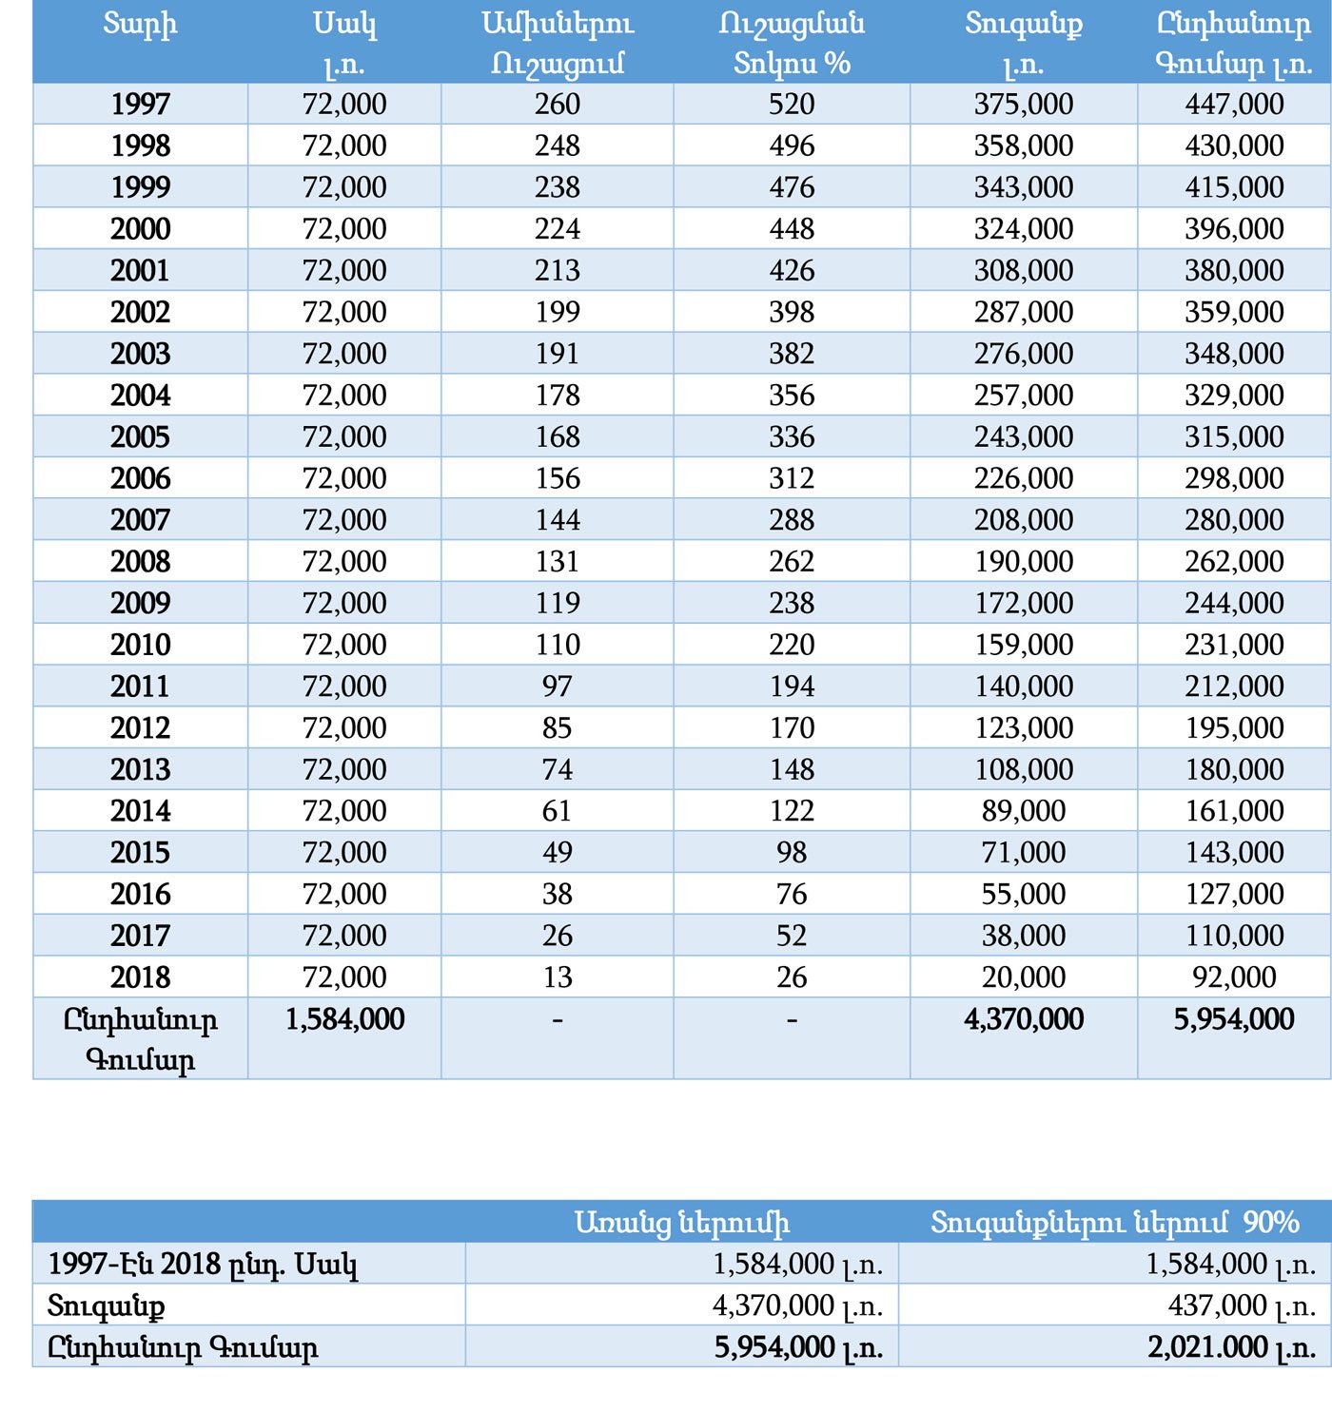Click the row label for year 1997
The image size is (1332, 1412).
click(140, 104)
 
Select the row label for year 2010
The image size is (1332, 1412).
click(140, 645)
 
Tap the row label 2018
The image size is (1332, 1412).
click(140, 977)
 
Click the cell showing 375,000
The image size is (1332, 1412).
click(1023, 104)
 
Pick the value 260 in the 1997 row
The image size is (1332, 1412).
click(557, 104)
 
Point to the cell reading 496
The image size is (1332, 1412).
click(792, 145)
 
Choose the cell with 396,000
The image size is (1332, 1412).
click(1234, 229)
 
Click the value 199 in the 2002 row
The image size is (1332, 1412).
click(557, 312)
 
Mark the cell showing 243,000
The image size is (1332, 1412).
click(1023, 436)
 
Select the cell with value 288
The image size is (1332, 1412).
click(792, 520)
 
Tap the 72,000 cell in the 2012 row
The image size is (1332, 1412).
click(344, 728)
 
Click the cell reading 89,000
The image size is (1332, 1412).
click(1023, 811)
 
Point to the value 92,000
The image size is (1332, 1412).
click(1234, 977)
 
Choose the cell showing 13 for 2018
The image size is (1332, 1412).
click(557, 977)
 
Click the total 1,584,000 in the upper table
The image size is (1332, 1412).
click(344, 1019)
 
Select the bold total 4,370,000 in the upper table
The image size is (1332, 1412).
click(1023, 1019)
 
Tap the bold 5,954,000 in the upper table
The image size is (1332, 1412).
click(1234, 1019)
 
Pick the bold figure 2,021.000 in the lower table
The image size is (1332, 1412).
click(1207, 1347)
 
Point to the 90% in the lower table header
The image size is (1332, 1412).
click(1271, 1222)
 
